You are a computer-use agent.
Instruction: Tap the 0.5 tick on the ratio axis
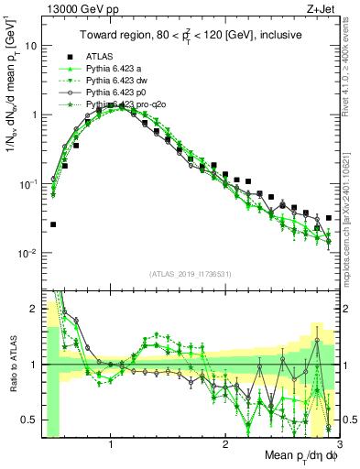click(x=27, y=420)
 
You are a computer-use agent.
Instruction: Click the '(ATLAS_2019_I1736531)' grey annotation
click(x=191, y=274)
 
